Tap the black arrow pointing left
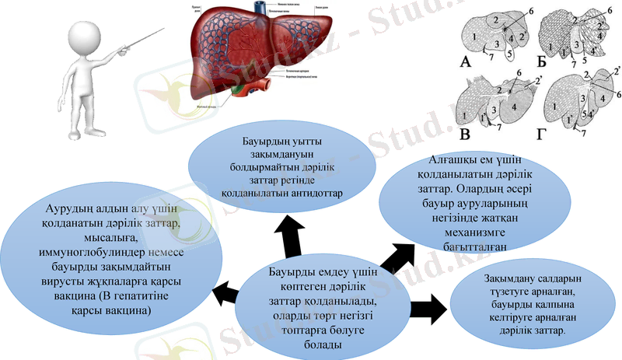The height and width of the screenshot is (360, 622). pyautogui.click(x=226, y=294)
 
